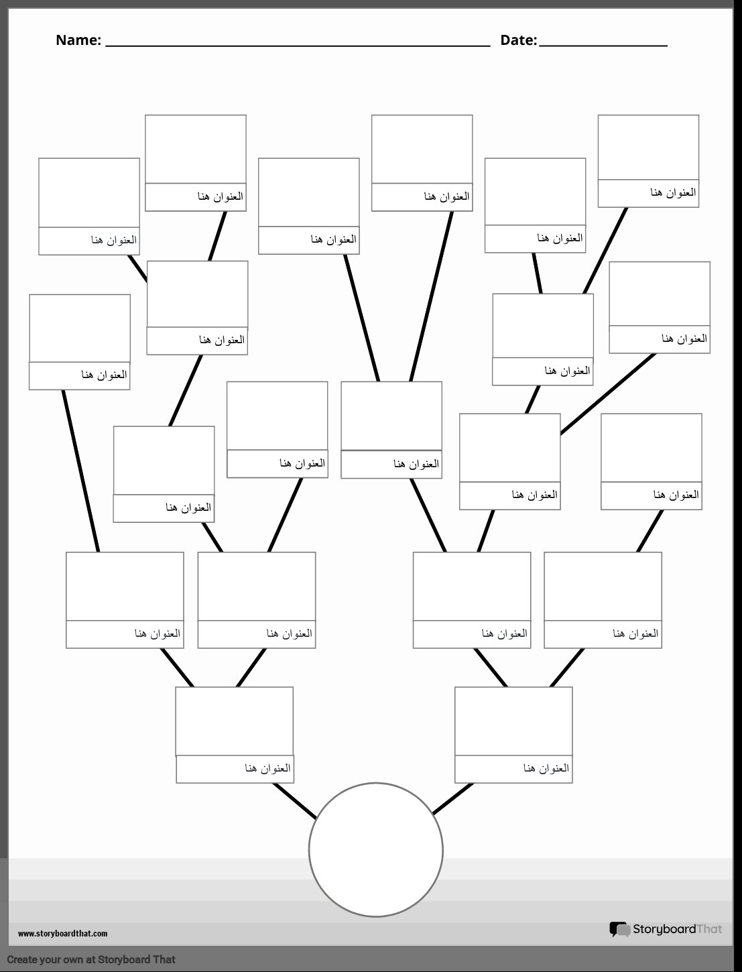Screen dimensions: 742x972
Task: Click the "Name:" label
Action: tap(78, 40)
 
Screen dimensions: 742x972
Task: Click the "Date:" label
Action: tap(518, 40)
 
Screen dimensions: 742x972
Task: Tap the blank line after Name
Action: tap(298, 46)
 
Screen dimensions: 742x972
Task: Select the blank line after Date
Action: tap(603, 46)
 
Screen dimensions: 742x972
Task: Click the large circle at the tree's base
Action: tap(375, 849)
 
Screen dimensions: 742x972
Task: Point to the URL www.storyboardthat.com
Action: tap(62, 934)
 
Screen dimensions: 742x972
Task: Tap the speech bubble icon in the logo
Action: tap(620, 929)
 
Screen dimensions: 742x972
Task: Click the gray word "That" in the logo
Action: tap(709, 928)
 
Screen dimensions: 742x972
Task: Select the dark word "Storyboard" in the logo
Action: tap(664, 928)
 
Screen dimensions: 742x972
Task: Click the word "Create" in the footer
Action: tap(21, 959)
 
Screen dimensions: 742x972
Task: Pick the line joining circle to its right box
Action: tap(453, 798)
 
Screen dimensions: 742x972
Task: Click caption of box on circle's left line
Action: tap(235, 769)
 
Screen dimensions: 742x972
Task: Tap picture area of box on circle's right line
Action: tap(513, 721)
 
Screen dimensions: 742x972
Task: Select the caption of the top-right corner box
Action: tap(649, 193)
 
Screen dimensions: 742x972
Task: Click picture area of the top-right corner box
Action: tap(649, 147)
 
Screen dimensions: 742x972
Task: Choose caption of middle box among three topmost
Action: tap(422, 197)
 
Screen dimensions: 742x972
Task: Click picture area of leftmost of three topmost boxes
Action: tap(196, 149)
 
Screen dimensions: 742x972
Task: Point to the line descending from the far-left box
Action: tap(80, 471)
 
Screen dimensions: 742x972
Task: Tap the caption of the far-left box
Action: tap(80, 376)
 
